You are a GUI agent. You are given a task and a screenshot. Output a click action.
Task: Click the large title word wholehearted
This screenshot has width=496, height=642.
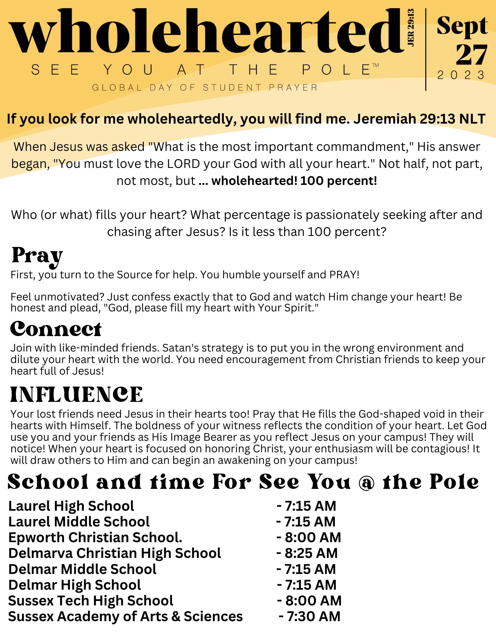(205, 32)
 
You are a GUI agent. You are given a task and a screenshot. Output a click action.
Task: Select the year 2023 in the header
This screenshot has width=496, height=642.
(461, 75)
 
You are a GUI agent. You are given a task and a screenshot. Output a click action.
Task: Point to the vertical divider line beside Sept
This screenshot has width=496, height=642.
(426, 50)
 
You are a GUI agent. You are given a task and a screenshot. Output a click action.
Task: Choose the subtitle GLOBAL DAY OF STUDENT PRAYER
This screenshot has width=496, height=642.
(205, 88)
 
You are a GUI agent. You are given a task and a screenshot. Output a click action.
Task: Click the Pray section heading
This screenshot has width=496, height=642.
(37, 256)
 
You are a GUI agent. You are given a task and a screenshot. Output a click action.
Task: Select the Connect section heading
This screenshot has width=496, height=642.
(56, 329)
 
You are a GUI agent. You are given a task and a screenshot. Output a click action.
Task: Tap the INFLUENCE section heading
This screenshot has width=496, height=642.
(76, 395)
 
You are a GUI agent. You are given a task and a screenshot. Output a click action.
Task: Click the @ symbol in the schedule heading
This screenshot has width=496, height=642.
(366, 482)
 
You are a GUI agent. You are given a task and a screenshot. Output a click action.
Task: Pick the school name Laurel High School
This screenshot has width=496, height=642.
(71, 506)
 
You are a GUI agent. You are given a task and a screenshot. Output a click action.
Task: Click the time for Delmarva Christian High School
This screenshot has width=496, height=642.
(307, 553)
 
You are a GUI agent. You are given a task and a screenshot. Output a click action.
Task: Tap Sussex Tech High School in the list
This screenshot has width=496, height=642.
(91, 601)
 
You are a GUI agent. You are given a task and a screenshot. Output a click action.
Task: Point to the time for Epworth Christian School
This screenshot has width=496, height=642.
(309, 538)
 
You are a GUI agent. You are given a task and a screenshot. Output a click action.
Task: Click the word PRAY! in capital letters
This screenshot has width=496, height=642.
(344, 275)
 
